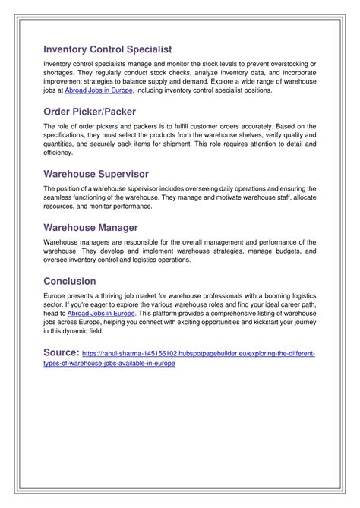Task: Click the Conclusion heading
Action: coord(70,281)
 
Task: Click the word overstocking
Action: coord(292,62)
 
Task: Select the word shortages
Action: coord(60,71)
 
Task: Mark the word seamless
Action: coord(59,197)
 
